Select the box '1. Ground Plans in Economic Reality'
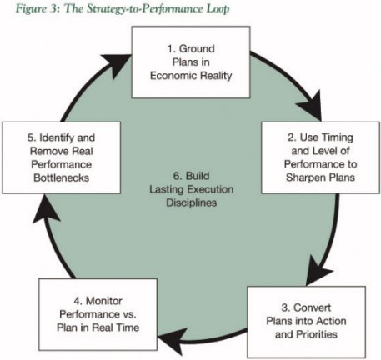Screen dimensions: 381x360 tap(191, 62)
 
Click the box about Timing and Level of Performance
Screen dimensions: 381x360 tap(320, 157)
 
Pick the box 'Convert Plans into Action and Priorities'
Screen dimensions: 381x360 tap(306, 322)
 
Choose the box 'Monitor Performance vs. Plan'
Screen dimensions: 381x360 tap(98, 314)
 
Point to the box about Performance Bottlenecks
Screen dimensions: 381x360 tap(62, 157)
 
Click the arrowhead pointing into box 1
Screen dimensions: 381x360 tap(117, 65)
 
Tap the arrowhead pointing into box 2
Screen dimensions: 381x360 tap(311, 106)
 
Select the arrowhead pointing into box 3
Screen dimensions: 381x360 tap(318, 271)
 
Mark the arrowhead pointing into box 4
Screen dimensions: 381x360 tap(173, 340)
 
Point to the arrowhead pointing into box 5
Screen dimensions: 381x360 tap(45, 208)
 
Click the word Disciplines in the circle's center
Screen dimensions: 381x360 tap(192, 202)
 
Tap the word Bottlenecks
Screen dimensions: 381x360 tap(62, 177)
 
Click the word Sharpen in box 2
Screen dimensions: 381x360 tap(304, 177)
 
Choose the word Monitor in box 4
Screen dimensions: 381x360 tap(104, 301)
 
